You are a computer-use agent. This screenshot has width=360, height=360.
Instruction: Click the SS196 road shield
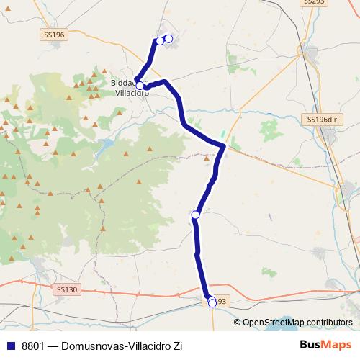click(x=54, y=35)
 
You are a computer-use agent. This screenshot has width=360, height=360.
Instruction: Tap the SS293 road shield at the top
click(x=314, y=2)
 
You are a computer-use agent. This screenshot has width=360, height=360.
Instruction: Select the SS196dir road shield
click(x=321, y=119)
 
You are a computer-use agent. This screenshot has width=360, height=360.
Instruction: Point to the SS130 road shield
click(x=66, y=289)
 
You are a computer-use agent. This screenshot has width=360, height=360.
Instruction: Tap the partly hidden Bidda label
click(x=120, y=83)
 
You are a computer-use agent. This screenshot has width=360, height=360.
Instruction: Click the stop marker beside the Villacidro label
click(x=140, y=85)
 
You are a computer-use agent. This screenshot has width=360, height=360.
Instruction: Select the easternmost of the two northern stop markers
click(x=168, y=38)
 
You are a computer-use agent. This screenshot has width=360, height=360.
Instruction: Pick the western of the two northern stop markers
click(x=160, y=40)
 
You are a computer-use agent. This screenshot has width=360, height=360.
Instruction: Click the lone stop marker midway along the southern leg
click(x=195, y=214)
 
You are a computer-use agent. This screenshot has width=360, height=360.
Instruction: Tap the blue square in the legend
click(x=10, y=346)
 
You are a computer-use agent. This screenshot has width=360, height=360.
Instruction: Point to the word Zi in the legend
click(x=176, y=346)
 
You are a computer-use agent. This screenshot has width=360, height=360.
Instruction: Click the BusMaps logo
click(x=326, y=345)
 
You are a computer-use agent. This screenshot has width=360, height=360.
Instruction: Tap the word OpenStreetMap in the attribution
click(x=272, y=323)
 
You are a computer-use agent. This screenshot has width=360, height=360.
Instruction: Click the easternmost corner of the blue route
click(x=224, y=147)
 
